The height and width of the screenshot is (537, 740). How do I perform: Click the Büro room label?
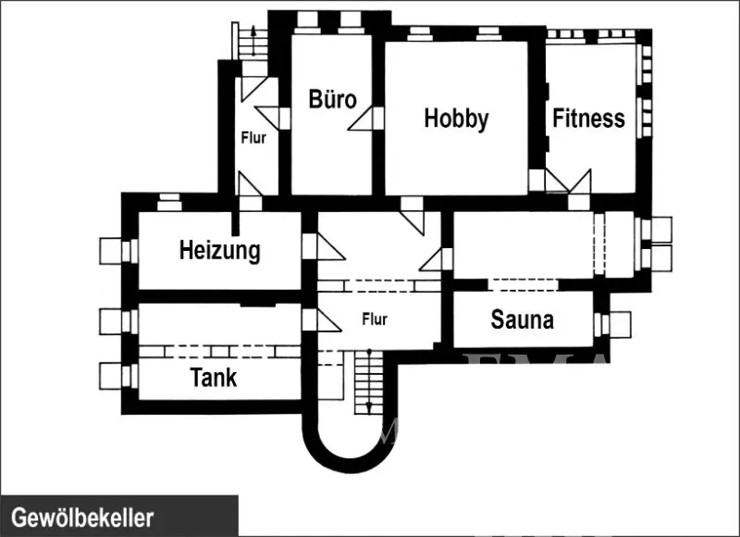tap(332, 98)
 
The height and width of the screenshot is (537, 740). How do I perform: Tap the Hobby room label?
tap(456, 119)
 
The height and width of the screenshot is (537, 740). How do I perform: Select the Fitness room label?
tap(588, 119)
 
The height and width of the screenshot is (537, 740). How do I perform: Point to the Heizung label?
tap(219, 250)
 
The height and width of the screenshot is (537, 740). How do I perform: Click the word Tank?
tap(213, 378)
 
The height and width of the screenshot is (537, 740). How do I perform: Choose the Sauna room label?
tap(523, 320)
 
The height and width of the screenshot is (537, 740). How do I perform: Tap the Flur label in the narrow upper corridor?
tap(253, 139)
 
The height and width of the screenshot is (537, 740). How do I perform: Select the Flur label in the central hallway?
tap(375, 319)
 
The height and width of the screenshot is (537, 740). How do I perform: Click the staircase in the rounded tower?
tap(367, 382)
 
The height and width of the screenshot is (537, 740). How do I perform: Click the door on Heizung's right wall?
tap(325, 246)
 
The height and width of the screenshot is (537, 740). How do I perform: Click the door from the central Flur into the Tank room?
tap(325, 320)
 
